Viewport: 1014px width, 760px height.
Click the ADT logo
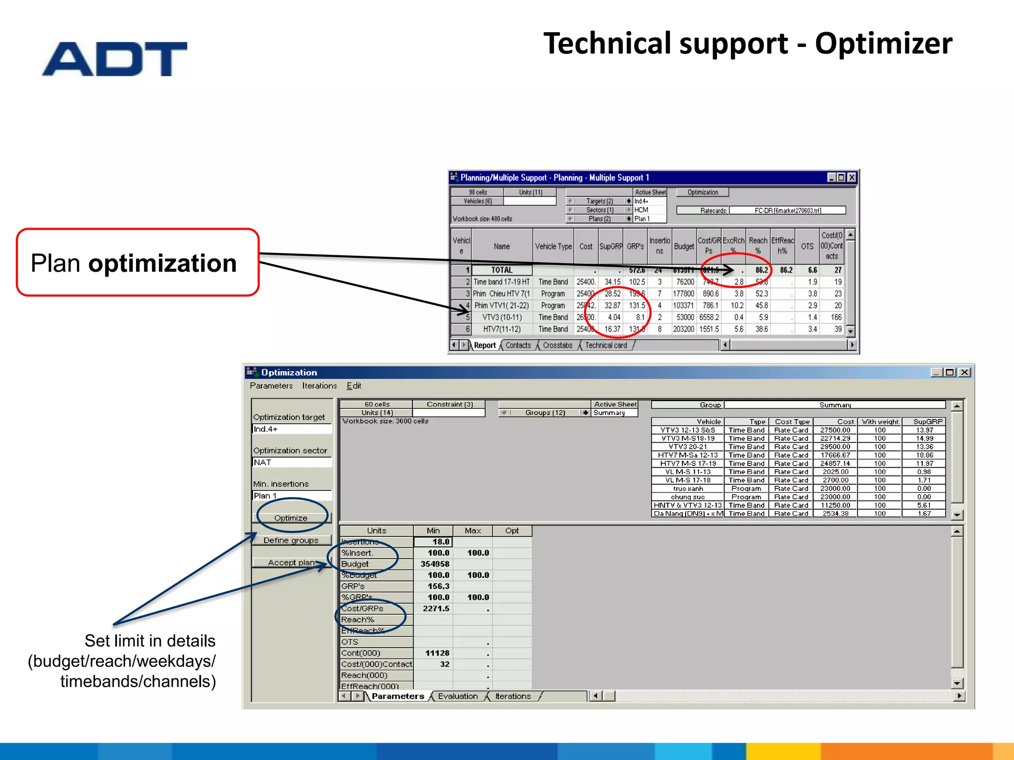click(115, 59)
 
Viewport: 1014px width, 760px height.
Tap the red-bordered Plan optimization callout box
click(138, 262)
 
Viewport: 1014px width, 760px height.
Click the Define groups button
click(291, 540)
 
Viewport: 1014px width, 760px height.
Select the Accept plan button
click(291, 563)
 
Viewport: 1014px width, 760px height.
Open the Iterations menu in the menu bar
click(319, 386)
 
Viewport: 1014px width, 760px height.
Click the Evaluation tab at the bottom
click(457, 696)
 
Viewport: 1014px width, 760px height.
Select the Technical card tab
click(606, 345)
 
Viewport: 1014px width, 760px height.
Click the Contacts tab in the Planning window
click(518, 345)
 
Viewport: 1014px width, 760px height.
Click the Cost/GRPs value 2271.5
click(435, 609)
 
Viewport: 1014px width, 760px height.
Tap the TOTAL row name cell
click(502, 270)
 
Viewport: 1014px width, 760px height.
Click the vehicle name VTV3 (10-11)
click(502, 318)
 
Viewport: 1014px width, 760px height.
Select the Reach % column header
click(758, 246)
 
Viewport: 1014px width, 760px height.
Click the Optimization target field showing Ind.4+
click(291, 429)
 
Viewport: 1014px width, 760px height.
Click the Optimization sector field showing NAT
click(291, 463)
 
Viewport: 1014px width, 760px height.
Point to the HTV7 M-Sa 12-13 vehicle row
click(688, 455)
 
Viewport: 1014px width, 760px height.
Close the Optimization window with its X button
click(964, 373)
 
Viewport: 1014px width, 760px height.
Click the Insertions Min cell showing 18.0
click(433, 542)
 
